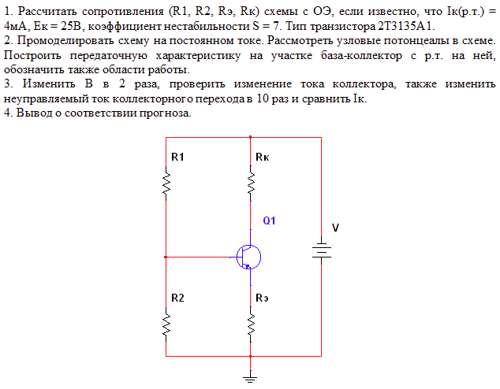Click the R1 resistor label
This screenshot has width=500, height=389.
(x=177, y=157)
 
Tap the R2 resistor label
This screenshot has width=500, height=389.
(x=177, y=298)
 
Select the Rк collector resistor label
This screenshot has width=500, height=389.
(x=263, y=157)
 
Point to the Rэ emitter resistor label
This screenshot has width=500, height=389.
(x=263, y=298)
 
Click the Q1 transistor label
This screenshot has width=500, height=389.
(x=270, y=220)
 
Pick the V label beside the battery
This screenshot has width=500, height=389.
(x=335, y=228)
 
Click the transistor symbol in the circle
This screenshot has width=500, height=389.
(x=248, y=257)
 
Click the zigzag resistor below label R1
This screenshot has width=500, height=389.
(x=166, y=184)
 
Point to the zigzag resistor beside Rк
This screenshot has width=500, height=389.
(x=250, y=184)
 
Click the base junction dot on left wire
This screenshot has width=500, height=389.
(x=166, y=257)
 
